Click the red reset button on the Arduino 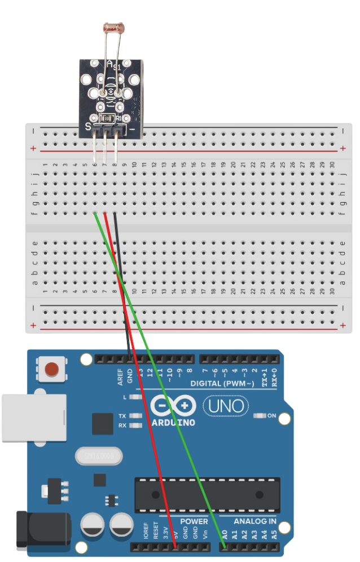click(51, 369)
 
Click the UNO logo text click(226, 406)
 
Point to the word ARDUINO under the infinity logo click(174, 422)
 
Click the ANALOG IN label click(256, 521)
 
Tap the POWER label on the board click(194, 521)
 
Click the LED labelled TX click(135, 416)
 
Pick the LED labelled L click(135, 397)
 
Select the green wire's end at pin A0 click(224, 546)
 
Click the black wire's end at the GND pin click(130, 358)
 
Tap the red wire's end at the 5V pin click(175, 546)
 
